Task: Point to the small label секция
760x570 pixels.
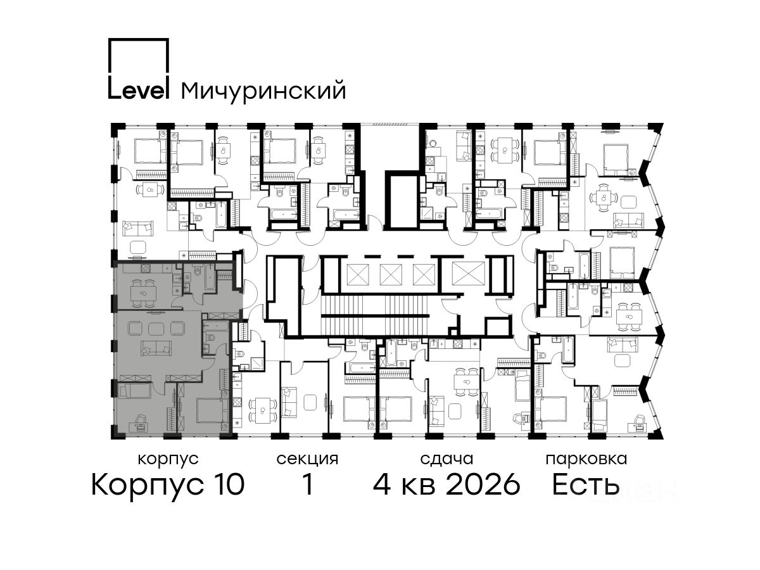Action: tap(307, 460)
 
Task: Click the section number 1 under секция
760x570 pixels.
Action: tap(307, 485)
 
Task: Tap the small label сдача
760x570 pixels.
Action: tap(446, 459)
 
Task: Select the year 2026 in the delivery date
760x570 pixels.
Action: tap(483, 485)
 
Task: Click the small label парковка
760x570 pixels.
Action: tap(586, 460)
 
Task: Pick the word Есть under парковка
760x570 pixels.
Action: tap(585, 485)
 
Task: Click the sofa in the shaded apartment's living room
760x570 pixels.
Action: tap(155, 348)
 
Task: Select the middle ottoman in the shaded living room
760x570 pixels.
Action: tap(155, 328)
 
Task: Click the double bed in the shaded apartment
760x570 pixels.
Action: tap(212, 410)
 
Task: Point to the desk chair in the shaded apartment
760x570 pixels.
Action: tap(141, 419)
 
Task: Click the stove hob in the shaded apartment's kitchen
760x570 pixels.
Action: tap(145, 267)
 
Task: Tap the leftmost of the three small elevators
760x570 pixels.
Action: tap(357, 274)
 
